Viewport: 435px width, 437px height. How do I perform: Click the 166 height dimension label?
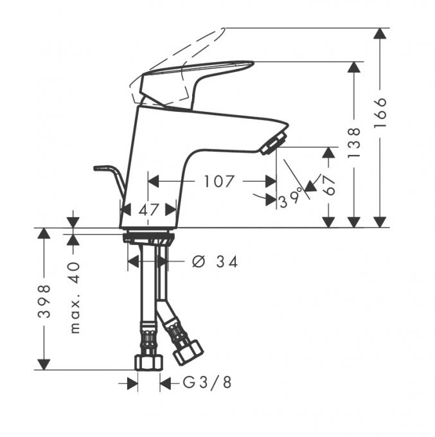pos(380,112)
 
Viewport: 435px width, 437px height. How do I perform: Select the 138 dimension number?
pos(354,142)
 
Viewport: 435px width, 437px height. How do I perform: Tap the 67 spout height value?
pos(329,185)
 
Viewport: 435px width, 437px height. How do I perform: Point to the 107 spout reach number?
pos(218,181)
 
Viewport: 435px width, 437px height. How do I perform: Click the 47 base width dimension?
pos(149,210)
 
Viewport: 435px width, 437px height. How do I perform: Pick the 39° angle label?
pos(291,198)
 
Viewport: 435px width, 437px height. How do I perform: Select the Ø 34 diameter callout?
pos(215,262)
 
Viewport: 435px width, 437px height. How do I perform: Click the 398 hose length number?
pos(44,301)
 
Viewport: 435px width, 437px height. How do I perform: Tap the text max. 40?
pos(75,298)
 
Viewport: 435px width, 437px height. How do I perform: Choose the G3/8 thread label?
pos(207,382)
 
